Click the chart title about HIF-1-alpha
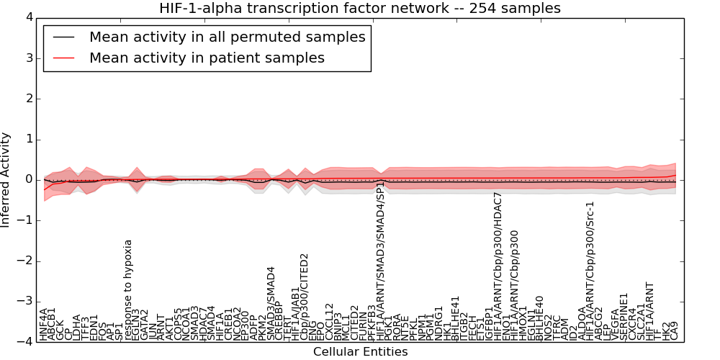360,8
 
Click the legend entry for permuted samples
227,37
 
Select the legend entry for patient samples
207,58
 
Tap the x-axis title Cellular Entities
360,352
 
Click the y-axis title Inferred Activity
6,180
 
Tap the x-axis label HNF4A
44,324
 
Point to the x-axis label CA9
674,330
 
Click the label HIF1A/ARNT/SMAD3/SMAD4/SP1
380,262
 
